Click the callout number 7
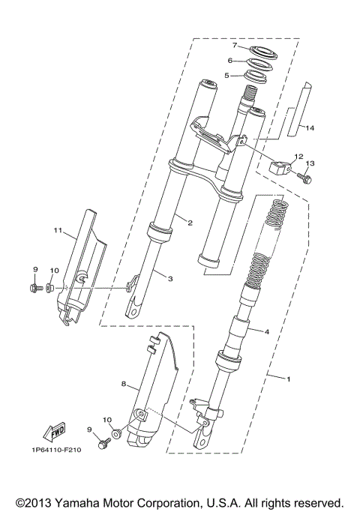click(234, 46)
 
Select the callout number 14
click(310, 128)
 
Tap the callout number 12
click(298, 157)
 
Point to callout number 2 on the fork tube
click(190, 223)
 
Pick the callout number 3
click(170, 279)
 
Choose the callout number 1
click(288, 380)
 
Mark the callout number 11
click(56, 231)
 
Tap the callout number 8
click(124, 382)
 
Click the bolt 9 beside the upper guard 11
click(34, 287)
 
